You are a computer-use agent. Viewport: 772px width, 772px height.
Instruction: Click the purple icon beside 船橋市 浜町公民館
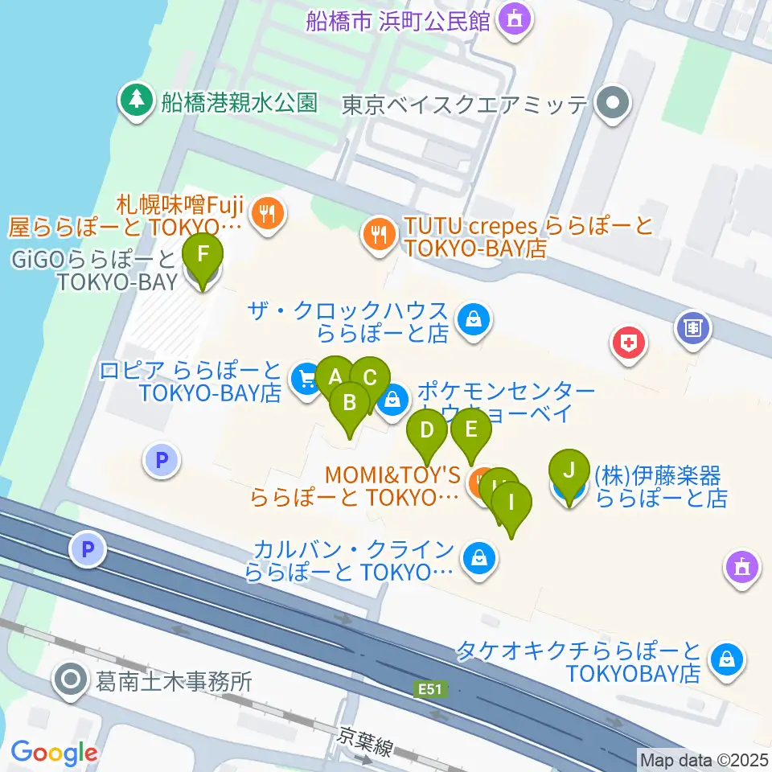pyautogui.click(x=515, y=18)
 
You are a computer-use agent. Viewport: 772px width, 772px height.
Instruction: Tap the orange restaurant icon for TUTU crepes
pyautogui.click(x=376, y=233)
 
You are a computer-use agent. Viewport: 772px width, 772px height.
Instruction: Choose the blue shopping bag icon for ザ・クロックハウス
pyautogui.click(x=474, y=320)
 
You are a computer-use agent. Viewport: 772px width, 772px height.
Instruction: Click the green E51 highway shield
pyautogui.click(x=430, y=689)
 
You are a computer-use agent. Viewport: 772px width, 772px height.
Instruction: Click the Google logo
pyautogui.click(x=54, y=753)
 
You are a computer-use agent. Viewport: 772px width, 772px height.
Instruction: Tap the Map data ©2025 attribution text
pyautogui.click(x=703, y=759)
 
